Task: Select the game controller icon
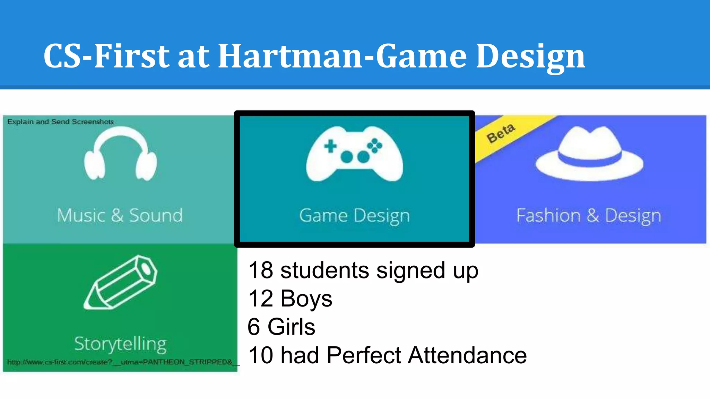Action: click(354, 154)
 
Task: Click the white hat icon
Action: click(589, 154)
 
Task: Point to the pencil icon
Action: click(120, 282)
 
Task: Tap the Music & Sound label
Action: click(120, 215)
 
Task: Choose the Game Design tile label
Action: click(354, 215)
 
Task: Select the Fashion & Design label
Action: click(589, 215)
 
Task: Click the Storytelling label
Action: click(120, 344)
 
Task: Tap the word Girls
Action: click(291, 327)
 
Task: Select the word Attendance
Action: click(467, 355)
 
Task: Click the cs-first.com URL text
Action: click(120, 362)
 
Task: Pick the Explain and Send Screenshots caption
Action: click(60, 122)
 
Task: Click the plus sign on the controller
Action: click(330, 146)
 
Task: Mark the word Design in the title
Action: click(530, 56)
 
